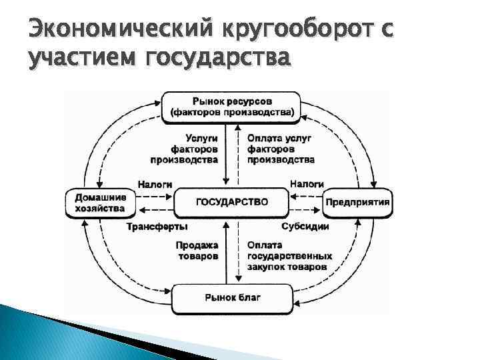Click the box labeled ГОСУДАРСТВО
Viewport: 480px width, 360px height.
pyautogui.click(x=232, y=201)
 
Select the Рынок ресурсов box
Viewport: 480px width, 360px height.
pyautogui.click(x=231, y=106)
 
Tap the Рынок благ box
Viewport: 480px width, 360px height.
pyautogui.click(x=232, y=297)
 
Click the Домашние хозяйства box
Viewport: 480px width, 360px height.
pyautogui.click(x=99, y=203)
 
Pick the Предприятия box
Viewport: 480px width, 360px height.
pyautogui.click(x=358, y=201)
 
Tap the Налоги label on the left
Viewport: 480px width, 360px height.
pyautogui.click(x=155, y=183)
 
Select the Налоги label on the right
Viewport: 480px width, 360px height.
pyautogui.click(x=307, y=183)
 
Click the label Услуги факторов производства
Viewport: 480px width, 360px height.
pyautogui.click(x=185, y=149)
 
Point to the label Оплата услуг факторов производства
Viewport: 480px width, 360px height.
pyautogui.click(x=281, y=149)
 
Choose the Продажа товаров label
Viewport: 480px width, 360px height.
pyautogui.click(x=198, y=251)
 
